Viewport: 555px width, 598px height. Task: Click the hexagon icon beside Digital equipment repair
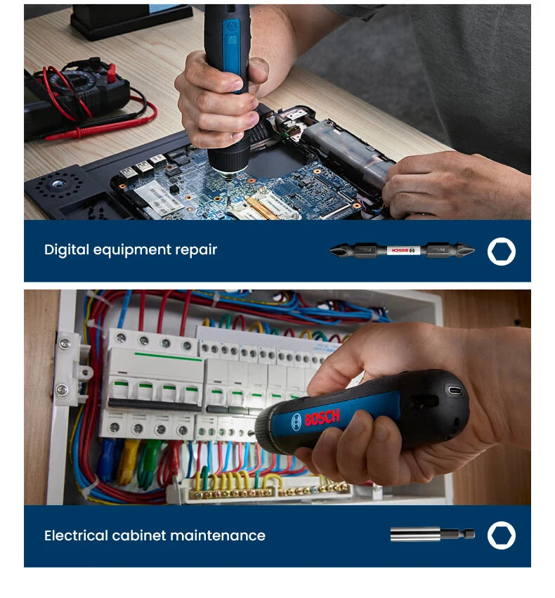click(x=502, y=251)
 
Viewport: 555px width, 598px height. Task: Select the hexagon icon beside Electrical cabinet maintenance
click(x=502, y=535)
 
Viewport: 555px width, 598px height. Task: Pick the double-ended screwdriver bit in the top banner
click(x=402, y=250)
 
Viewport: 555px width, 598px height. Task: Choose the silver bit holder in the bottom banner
click(x=432, y=535)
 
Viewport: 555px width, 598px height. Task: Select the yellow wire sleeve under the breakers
click(x=128, y=460)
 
